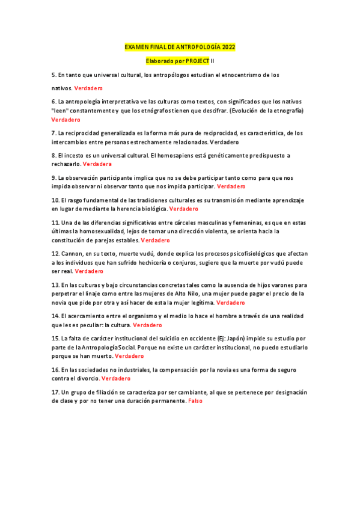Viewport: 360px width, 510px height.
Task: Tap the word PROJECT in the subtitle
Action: pos(197,61)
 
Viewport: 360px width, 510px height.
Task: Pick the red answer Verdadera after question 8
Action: pos(97,164)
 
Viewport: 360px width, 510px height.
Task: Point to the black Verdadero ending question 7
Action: pos(224,142)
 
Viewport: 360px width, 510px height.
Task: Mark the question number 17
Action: pos(55,392)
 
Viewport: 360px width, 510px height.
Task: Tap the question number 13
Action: pos(55,284)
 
